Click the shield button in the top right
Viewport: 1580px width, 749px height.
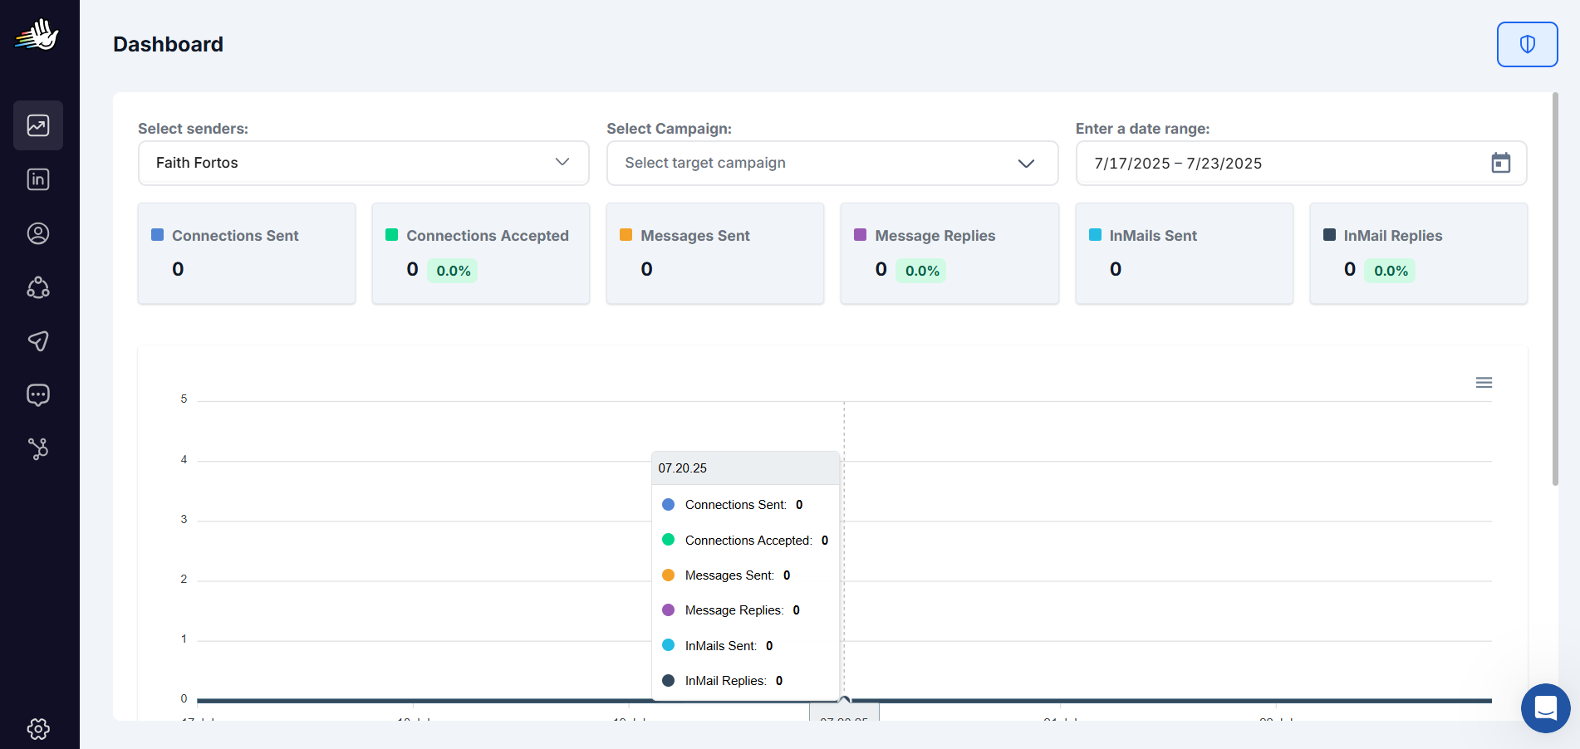click(x=1527, y=44)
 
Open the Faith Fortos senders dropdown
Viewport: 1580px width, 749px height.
click(x=363, y=163)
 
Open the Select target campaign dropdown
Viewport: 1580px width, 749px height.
click(x=832, y=163)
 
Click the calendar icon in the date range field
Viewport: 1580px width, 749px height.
click(x=1500, y=163)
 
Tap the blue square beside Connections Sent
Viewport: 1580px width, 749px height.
click(x=158, y=235)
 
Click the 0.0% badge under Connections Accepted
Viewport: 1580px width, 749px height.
click(x=453, y=271)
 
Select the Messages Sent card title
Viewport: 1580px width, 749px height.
click(x=694, y=236)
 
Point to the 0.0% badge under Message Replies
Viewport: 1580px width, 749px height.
click(x=921, y=271)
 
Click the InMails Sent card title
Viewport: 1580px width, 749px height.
click(x=1152, y=236)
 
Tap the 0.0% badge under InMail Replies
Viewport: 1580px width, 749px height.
click(x=1390, y=271)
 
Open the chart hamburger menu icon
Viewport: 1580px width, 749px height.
click(x=1484, y=382)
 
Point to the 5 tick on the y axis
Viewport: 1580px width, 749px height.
click(x=184, y=399)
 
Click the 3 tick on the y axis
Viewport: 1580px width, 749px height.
click(x=184, y=520)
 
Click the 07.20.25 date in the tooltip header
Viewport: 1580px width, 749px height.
click(x=682, y=468)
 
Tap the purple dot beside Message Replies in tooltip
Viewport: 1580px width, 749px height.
click(x=668, y=610)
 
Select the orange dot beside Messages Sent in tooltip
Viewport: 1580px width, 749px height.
click(x=668, y=575)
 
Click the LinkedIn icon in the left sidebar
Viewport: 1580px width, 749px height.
click(x=38, y=179)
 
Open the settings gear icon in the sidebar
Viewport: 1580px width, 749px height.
click(x=38, y=728)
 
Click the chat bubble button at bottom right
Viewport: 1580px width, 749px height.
click(x=1545, y=708)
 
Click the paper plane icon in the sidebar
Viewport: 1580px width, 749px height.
click(x=38, y=341)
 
